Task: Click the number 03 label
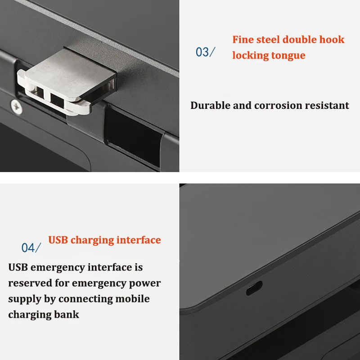(202, 52)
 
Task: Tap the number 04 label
(29, 247)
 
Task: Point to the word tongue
(288, 56)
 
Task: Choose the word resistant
(327, 106)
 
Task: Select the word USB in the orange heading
(58, 240)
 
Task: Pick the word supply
(24, 299)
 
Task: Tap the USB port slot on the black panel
(254, 288)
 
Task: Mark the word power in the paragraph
(145, 283)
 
